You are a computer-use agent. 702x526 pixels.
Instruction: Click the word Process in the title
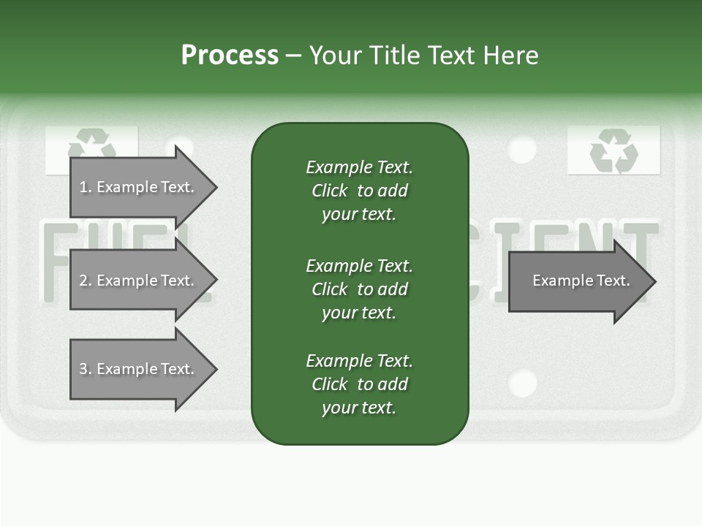coord(230,56)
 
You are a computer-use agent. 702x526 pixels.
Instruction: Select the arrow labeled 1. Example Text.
coord(139,187)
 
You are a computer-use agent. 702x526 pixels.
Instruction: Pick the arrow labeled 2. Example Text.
coord(139,281)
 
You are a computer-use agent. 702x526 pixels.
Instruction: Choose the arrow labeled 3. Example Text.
coord(139,369)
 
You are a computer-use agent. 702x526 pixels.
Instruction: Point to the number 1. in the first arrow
coord(86,187)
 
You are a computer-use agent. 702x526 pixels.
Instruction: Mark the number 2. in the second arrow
coord(86,281)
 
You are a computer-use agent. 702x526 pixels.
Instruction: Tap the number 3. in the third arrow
coord(86,369)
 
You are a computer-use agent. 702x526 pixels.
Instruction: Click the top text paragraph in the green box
coord(359,191)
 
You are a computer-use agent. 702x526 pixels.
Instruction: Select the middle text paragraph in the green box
coord(359,289)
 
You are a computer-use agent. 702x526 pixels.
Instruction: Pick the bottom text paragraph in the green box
coord(359,384)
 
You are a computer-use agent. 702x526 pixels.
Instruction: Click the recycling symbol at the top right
coord(614,150)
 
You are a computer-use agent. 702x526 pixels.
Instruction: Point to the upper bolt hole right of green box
coord(521,149)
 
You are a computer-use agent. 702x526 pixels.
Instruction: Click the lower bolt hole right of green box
coord(522,383)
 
